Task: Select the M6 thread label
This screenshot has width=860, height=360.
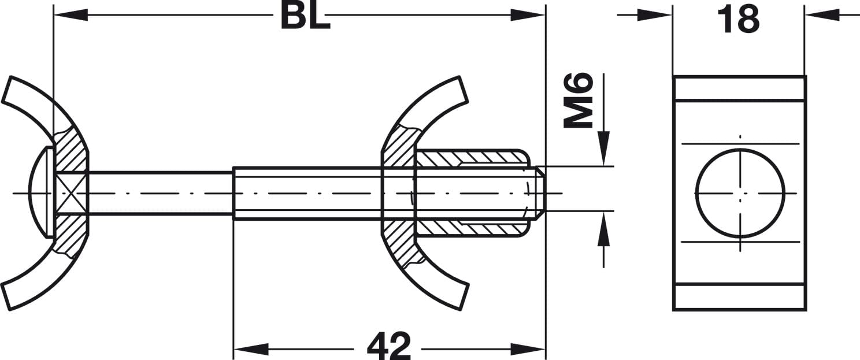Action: click(x=579, y=100)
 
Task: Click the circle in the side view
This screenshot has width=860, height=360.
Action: click(x=740, y=192)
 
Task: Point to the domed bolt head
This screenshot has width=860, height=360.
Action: click(x=39, y=192)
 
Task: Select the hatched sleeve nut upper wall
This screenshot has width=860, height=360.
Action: click(x=471, y=157)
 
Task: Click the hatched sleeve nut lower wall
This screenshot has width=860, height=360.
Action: click(x=471, y=228)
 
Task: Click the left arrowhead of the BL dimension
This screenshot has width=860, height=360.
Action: click(x=69, y=15)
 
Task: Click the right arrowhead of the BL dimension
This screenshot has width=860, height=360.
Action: click(x=528, y=15)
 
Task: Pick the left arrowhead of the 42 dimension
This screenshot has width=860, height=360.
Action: click(x=250, y=349)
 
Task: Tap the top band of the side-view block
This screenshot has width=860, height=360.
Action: click(x=739, y=88)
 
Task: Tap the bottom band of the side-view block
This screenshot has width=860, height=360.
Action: click(x=739, y=297)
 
